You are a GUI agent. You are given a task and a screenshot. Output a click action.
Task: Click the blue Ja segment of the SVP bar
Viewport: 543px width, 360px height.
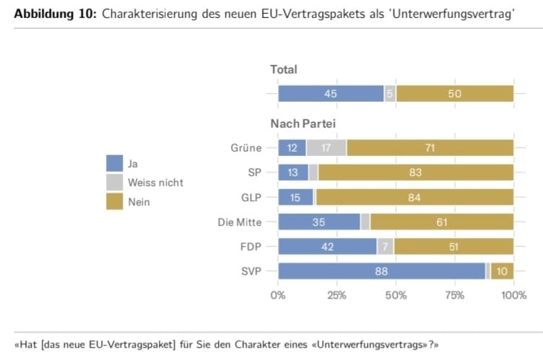click(381, 271)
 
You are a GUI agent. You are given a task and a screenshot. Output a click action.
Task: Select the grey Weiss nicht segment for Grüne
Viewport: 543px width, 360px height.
click(326, 149)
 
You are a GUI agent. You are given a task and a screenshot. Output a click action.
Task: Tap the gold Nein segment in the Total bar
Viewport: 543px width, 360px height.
click(455, 94)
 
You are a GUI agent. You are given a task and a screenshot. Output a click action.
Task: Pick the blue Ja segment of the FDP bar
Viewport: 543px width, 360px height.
click(327, 247)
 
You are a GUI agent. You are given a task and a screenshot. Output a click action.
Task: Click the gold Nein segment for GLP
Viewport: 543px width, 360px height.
click(414, 198)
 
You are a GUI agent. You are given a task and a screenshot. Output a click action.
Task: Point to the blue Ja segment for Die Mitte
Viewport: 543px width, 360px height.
click(319, 222)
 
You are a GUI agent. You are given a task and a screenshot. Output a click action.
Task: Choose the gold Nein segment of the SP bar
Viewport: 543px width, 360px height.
click(416, 173)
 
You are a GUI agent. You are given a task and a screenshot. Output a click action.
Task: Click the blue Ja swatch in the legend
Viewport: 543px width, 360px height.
click(115, 163)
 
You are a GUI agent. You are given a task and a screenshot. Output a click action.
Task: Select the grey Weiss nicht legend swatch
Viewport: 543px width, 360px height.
click(115, 183)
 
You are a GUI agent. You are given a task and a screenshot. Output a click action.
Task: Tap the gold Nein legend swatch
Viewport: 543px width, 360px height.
click(115, 202)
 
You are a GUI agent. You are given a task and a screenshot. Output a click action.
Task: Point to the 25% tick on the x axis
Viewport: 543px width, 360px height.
click(337, 295)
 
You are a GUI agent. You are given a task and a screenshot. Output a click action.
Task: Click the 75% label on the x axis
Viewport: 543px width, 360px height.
click(455, 295)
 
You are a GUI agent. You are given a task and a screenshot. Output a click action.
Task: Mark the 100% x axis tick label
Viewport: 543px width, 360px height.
click(513, 295)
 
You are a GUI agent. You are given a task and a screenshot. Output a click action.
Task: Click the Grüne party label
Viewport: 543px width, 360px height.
click(246, 149)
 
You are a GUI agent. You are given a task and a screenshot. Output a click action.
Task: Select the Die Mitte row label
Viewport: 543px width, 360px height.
click(240, 222)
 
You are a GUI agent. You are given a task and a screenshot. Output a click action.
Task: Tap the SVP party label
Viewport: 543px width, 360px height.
click(251, 271)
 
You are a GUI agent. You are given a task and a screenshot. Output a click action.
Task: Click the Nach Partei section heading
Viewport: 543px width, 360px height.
click(303, 124)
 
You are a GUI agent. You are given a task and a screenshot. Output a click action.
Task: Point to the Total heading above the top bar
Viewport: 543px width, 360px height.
click(284, 69)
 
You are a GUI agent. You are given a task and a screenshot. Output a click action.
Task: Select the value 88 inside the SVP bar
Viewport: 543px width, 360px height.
click(381, 271)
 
